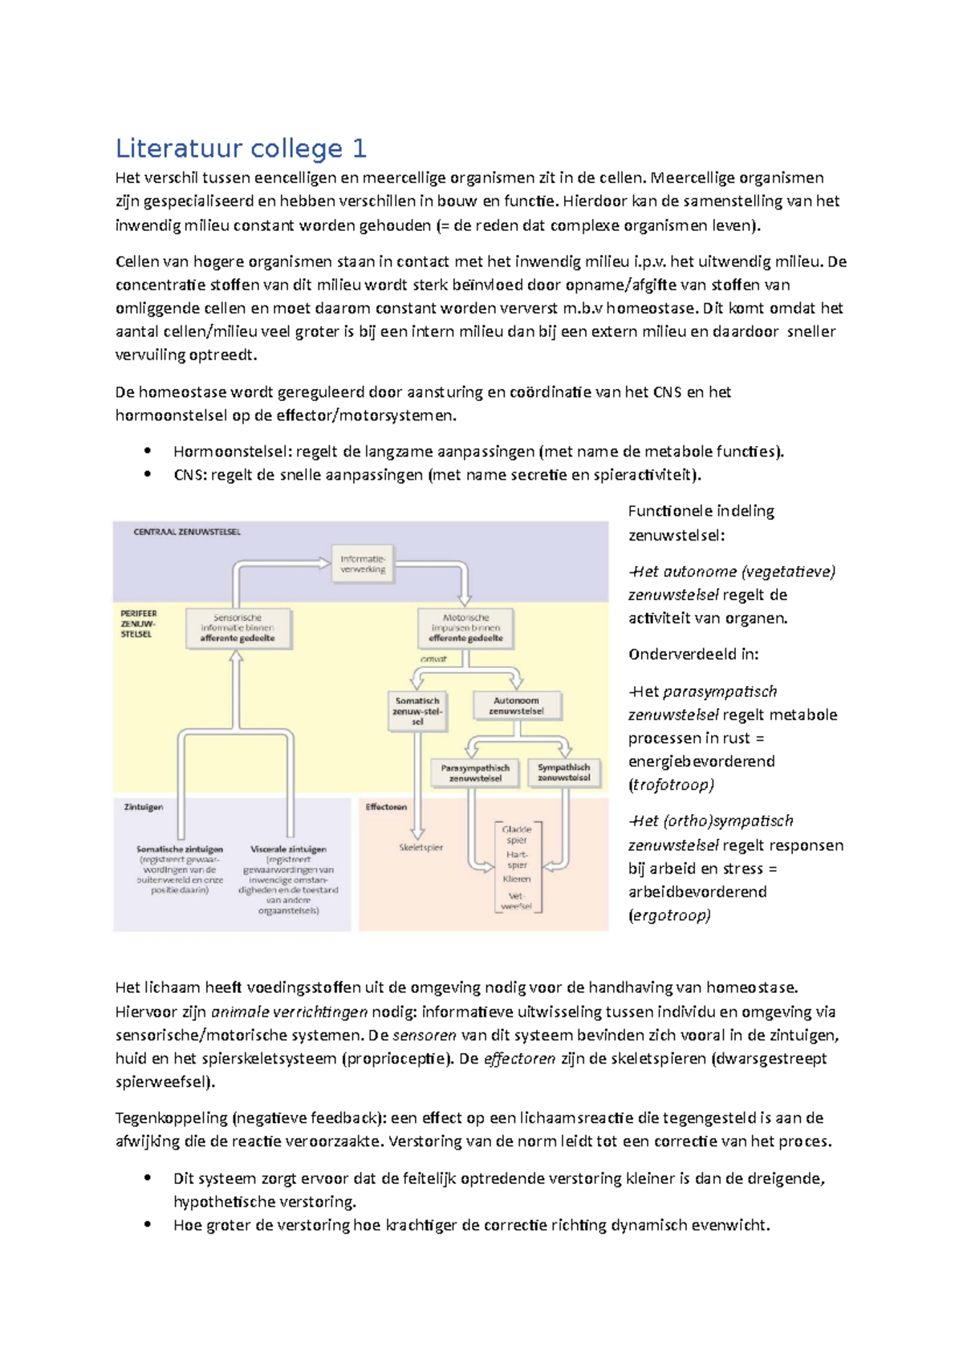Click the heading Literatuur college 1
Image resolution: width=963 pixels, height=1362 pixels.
point(241,148)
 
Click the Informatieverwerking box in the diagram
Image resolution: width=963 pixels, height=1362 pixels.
point(363,564)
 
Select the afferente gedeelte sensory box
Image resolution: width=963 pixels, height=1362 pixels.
point(238,628)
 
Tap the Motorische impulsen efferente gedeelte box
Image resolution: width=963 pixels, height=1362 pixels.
point(465,628)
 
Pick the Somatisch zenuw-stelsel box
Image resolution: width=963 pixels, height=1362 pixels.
point(417,711)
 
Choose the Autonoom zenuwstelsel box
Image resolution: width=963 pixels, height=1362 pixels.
point(516,706)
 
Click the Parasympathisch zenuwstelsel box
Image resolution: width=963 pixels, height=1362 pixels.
point(475,772)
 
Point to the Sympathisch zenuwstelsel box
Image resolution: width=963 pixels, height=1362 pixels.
point(563,772)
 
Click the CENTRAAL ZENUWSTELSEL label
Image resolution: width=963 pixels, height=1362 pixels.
point(187,532)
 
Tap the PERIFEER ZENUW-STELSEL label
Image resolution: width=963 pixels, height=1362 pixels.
point(138,623)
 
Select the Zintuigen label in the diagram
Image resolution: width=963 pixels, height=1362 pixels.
point(144,807)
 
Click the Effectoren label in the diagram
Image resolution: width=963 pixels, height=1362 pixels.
point(386,807)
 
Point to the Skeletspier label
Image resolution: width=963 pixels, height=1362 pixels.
point(421,847)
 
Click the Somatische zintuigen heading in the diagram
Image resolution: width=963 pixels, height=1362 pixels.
point(180,849)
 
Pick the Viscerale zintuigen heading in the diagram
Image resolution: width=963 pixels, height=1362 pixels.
point(288,849)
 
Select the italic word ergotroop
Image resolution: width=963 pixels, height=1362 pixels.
point(669,915)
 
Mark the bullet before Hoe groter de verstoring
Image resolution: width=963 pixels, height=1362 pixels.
point(148,1225)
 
